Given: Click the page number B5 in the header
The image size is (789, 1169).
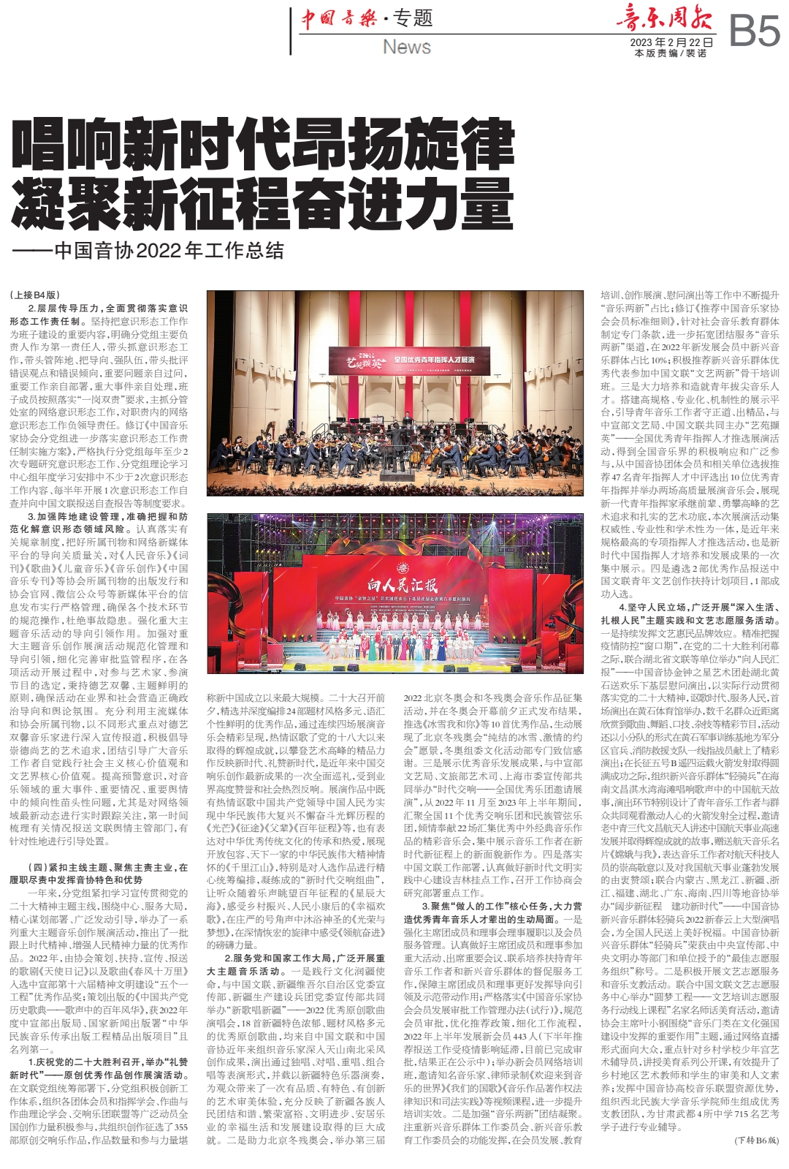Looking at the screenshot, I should pyautogui.click(x=755, y=31).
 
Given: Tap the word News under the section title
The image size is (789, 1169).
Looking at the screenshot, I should pyautogui.click(x=407, y=47).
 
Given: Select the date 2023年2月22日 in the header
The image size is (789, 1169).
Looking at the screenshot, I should pyautogui.click(x=671, y=42).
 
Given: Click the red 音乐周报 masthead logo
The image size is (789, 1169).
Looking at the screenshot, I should pyautogui.click(x=663, y=18).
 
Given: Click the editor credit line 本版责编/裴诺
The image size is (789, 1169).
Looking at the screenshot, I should pyautogui.click(x=671, y=53).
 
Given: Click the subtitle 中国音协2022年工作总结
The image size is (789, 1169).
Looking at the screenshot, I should pyautogui.click(x=169, y=250).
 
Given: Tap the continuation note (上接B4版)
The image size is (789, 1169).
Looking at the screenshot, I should pyautogui.click(x=35, y=295).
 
